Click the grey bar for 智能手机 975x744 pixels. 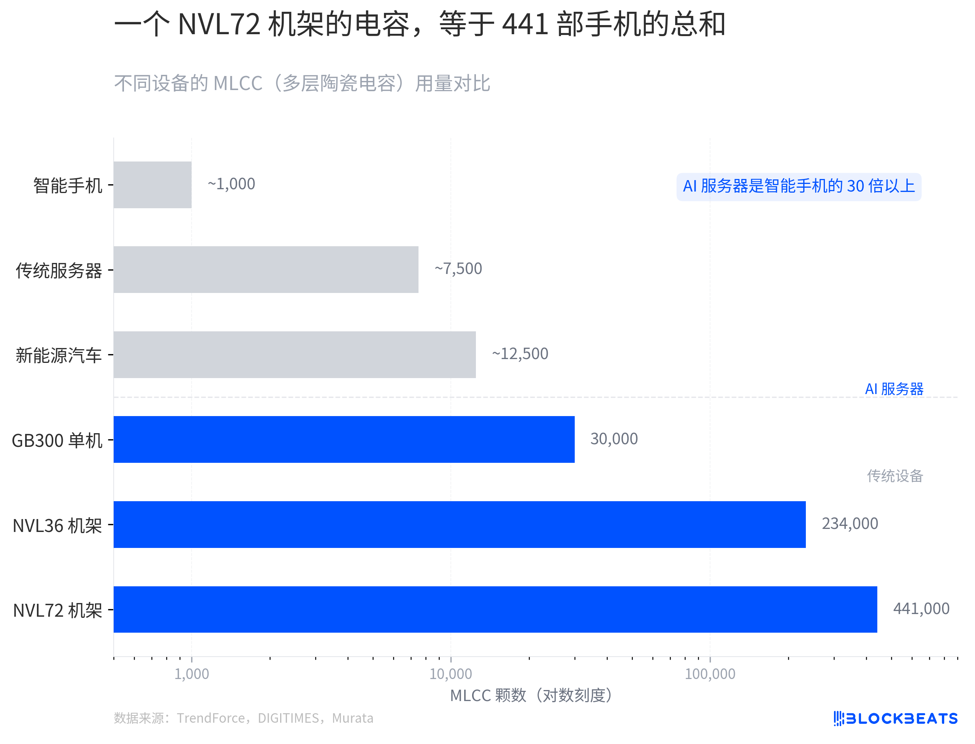(x=152, y=185)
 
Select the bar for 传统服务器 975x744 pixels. (x=266, y=269)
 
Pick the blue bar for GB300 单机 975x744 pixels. (x=344, y=439)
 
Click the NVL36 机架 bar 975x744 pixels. (x=459, y=524)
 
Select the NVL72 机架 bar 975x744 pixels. (x=495, y=609)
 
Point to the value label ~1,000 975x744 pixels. (x=231, y=184)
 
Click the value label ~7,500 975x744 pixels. (x=458, y=269)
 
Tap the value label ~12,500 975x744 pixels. (x=520, y=354)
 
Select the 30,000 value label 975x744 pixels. (x=614, y=439)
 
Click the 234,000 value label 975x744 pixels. (x=850, y=524)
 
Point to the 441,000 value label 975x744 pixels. (x=921, y=609)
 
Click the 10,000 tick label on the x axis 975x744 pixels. (x=450, y=674)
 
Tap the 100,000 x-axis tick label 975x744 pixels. (x=710, y=674)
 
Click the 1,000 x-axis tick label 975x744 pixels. (x=191, y=674)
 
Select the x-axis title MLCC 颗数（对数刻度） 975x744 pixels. (x=531, y=695)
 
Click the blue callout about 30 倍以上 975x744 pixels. (x=798, y=187)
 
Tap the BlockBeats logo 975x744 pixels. (x=895, y=718)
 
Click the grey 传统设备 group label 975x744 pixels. (x=895, y=476)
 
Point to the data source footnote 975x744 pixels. (x=243, y=718)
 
